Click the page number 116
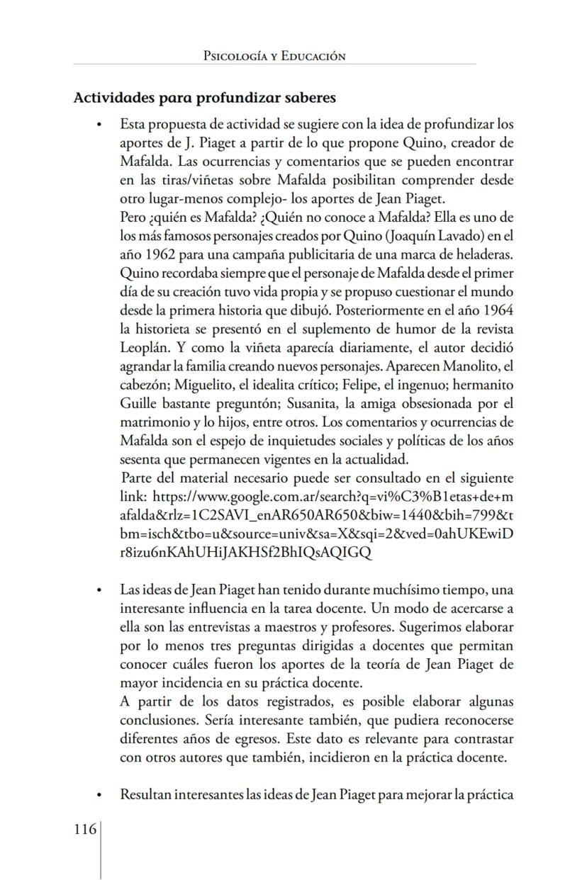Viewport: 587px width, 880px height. [85, 829]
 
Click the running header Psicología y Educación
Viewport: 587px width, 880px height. [274, 56]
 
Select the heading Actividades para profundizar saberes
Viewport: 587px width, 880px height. [204, 97]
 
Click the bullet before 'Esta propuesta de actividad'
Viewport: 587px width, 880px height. [101, 125]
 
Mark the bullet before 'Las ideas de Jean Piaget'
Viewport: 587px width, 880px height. [101, 590]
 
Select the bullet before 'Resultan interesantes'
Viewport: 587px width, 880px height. [101, 795]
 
